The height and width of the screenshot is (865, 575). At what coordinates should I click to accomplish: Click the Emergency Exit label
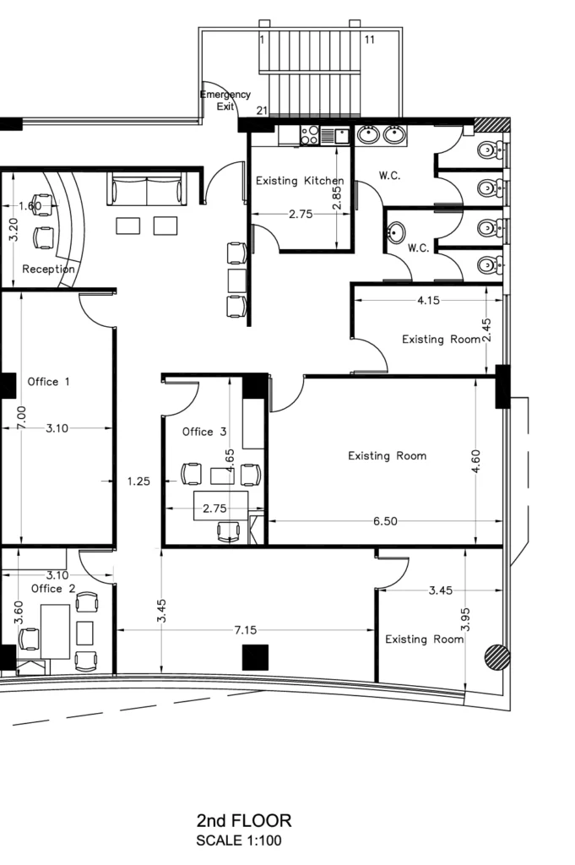point(225,101)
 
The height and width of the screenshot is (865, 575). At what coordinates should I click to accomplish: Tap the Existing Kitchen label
point(300,181)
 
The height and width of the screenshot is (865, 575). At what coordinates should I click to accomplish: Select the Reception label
point(48,269)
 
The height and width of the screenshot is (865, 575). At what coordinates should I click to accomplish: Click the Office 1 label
point(48,382)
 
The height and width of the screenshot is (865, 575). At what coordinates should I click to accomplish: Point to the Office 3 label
point(204,432)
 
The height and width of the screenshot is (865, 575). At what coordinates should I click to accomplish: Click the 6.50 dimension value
point(385,520)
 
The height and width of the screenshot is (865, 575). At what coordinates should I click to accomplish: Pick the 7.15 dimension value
point(246,630)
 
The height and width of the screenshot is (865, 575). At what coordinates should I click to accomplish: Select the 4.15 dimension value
point(428,301)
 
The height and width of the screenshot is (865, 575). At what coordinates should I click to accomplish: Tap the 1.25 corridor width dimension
point(138,481)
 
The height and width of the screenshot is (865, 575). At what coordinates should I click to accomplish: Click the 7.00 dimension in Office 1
point(21,417)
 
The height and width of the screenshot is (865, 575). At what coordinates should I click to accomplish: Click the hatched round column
point(496,657)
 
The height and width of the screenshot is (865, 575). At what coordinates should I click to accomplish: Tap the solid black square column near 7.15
point(255,657)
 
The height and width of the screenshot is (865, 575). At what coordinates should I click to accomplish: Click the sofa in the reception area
point(147,188)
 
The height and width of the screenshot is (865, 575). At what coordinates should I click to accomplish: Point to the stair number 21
point(262,111)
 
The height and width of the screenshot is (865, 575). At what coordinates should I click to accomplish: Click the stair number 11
point(369,40)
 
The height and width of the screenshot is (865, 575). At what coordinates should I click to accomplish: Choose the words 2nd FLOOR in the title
point(244,821)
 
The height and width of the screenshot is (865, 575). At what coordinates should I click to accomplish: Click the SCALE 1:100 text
point(239,841)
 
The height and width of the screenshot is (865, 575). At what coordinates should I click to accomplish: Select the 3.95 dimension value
point(464,619)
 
